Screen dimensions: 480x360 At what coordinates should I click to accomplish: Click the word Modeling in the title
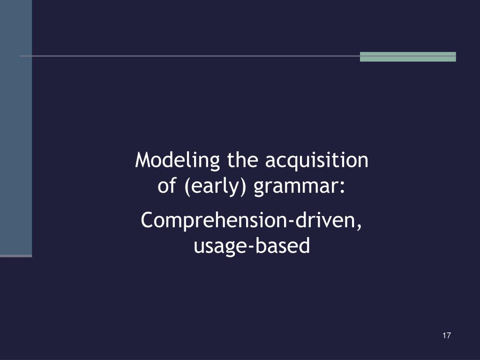(177, 161)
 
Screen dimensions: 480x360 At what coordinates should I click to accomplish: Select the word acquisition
(316, 161)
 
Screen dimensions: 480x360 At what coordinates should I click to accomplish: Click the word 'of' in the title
(167, 185)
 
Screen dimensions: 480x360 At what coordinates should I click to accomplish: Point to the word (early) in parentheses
(215, 187)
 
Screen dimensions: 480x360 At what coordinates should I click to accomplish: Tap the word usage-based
(252, 246)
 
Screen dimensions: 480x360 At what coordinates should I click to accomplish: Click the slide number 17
(446, 336)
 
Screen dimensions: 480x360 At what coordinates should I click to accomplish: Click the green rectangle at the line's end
(408, 57)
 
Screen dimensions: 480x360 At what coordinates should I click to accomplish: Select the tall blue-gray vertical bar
(16, 128)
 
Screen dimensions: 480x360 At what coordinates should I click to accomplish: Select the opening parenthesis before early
(187, 187)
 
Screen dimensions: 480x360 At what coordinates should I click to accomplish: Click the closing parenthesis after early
(243, 187)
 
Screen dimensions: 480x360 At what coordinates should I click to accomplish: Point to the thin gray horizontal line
(190, 56)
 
